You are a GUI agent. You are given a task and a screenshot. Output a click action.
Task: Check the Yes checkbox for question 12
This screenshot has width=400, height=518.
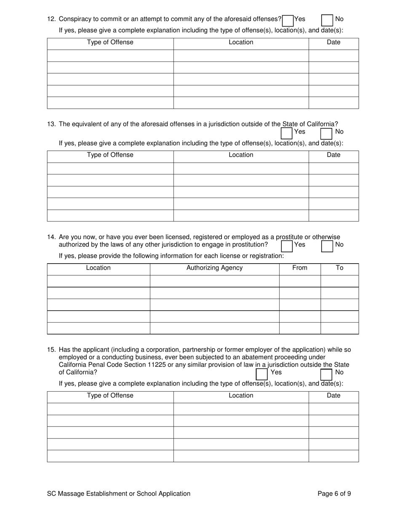[x=288, y=20]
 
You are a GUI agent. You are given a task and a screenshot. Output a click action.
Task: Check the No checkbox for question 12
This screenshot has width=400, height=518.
[x=327, y=20]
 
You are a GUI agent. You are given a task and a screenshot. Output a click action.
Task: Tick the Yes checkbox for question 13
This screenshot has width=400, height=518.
[x=287, y=133]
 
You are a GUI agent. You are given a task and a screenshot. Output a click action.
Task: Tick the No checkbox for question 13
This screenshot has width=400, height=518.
[x=327, y=133]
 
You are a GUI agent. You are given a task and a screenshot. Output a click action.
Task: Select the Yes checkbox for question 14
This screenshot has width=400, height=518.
[x=287, y=246]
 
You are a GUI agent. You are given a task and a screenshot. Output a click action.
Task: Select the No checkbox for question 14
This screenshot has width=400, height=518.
[x=327, y=246]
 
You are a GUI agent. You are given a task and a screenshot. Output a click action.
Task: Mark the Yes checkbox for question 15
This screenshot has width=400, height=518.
[x=262, y=374]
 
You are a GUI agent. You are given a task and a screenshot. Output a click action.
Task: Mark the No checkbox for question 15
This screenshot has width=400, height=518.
[x=327, y=374]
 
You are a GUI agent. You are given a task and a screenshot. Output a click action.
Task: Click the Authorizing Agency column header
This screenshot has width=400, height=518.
[x=214, y=268]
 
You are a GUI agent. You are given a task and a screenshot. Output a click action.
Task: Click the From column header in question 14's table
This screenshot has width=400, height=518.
[x=299, y=268]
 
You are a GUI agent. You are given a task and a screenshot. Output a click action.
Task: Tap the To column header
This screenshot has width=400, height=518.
[x=339, y=268]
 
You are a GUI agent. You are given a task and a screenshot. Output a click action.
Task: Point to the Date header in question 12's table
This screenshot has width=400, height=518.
[x=333, y=42]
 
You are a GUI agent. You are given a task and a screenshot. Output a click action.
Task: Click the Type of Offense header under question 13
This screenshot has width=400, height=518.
[x=110, y=155]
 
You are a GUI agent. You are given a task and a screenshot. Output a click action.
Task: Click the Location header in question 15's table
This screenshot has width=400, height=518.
[x=241, y=395]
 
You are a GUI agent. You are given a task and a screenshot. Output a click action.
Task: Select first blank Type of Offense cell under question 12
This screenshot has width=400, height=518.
[x=110, y=56]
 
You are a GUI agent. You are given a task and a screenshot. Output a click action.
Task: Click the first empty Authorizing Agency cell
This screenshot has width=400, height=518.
[x=214, y=281]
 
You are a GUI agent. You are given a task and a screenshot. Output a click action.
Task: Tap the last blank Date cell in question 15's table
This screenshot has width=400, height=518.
[x=333, y=456]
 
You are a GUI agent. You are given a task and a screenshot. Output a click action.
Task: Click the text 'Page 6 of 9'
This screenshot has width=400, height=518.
[x=334, y=494]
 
